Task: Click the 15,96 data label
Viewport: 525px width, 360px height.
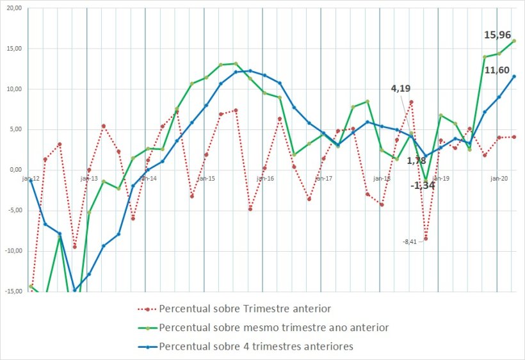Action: [x=497, y=35]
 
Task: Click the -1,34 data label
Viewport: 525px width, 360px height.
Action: [x=423, y=186]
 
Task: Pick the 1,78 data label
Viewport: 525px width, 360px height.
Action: [x=416, y=160]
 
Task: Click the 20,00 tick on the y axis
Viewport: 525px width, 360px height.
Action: [x=13, y=8]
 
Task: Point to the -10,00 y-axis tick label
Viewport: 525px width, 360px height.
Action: [x=12, y=250]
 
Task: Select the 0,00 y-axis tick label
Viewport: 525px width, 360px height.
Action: [x=15, y=170]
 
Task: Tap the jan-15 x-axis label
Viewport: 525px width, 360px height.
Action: [x=206, y=179]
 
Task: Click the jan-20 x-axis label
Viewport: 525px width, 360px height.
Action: [x=499, y=179]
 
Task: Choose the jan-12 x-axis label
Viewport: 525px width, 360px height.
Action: [x=30, y=179]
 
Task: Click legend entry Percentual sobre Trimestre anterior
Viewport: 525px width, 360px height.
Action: [x=245, y=309]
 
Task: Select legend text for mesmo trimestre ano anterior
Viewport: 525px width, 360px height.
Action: [x=273, y=327]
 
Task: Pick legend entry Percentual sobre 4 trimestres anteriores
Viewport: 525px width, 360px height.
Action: [x=256, y=347]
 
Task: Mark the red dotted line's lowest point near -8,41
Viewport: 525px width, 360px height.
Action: [x=426, y=238]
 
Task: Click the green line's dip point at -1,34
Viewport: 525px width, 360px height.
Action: [x=426, y=181]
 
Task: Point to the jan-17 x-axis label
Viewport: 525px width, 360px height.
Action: [x=323, y=179]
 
